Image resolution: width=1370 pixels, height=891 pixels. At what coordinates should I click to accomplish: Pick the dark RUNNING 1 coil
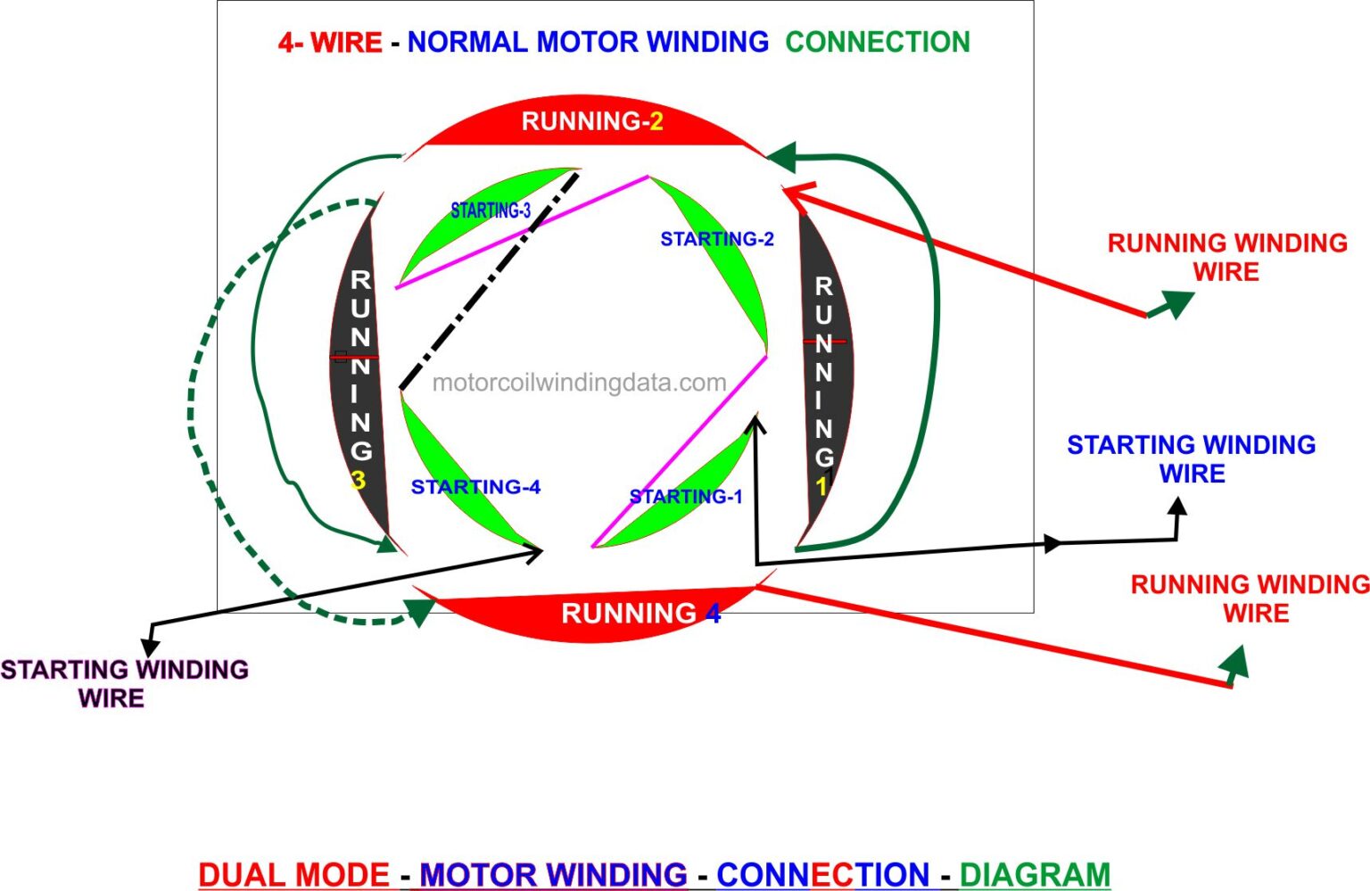(x=825, y=375)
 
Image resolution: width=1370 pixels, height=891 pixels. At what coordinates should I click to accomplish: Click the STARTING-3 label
(x=491, y=210)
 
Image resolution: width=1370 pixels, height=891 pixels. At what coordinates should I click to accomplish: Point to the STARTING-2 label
(x=716, y=239)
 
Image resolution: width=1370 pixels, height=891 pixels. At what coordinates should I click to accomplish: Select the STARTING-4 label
(x=475, y=487)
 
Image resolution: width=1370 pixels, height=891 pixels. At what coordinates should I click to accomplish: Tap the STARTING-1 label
(x=685, y=497)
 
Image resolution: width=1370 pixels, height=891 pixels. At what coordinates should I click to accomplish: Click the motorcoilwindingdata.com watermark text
(x=579, y=383)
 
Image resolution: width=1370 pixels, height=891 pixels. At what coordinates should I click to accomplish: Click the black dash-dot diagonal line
(x=489, y=281)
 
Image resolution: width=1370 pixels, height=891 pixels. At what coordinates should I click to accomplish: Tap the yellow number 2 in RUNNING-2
(x=656, y=122)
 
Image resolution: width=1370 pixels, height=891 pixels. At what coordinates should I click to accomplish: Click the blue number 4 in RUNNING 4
(x=713, y=614)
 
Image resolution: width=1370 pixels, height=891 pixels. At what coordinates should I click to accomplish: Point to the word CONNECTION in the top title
(x=877, y=42)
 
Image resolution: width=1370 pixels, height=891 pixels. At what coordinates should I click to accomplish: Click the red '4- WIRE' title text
(x=329, y=42)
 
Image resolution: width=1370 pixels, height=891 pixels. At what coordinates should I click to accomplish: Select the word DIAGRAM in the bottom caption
(x=1035, y=874)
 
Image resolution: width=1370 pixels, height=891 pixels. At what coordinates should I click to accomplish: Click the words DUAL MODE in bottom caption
(x=293, y=874)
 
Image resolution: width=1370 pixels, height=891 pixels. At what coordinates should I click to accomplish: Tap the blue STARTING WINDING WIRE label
(x=1191, y=458)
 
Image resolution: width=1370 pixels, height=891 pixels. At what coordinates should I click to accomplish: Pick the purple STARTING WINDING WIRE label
(x=124, y=683)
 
